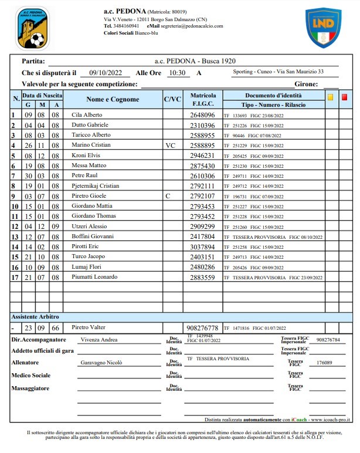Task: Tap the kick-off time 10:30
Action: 176,73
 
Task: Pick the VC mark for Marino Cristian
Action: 171,144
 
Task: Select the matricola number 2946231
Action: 203,155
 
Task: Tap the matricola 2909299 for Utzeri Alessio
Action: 203,226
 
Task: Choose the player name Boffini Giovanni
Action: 92,236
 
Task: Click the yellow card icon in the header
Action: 331,97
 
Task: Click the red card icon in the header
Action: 345,97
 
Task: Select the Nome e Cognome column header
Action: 113,99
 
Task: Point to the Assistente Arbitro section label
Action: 38,317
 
